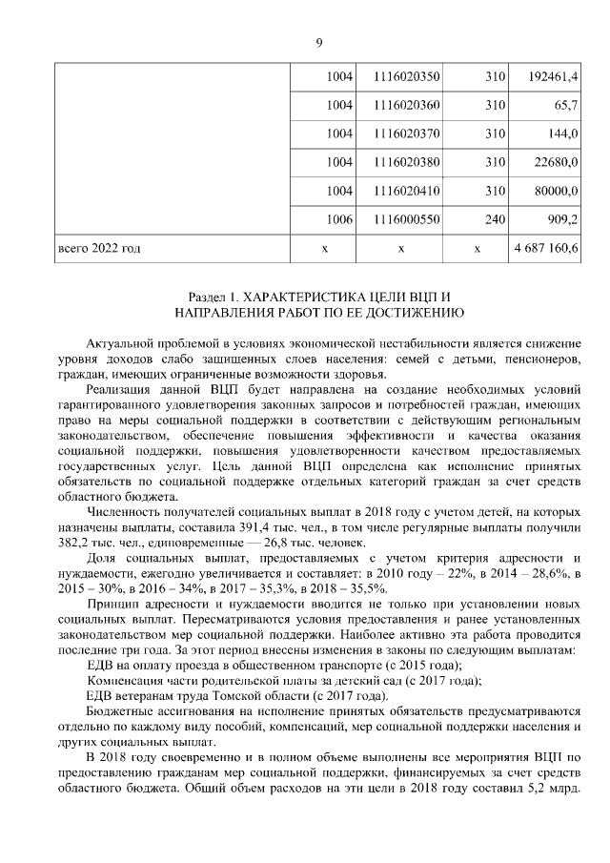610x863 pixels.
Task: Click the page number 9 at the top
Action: (x=319, y=42)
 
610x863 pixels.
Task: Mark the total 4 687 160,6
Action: (x=546, y=249)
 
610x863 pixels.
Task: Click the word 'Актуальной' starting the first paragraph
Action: (x=119, y=342)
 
